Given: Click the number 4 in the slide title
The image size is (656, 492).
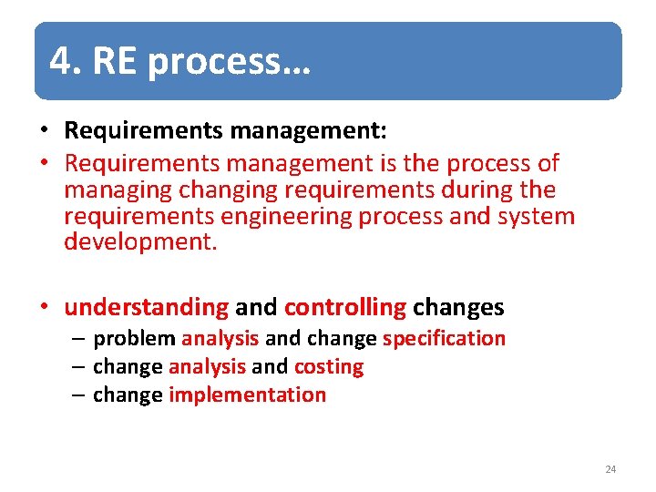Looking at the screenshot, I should pos(60,61).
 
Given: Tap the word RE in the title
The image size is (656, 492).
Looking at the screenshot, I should pos(114,61).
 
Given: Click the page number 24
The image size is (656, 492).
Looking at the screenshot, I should pos(610,469).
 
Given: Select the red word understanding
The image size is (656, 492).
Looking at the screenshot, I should pos(146,308).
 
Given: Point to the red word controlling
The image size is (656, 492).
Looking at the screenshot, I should pos(345,308).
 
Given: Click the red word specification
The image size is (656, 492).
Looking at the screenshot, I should pos(444,339).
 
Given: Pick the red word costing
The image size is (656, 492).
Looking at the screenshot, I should pos(329,367).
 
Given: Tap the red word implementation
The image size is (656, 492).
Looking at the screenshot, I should pos(247,395).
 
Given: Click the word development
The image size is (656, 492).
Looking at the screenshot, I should pos(140,243).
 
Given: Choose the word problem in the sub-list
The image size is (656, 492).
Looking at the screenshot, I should pos(134,339).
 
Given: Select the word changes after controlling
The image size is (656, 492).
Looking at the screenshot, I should pos(458,308).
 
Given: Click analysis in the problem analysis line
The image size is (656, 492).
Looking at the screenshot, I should pos(220,339).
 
